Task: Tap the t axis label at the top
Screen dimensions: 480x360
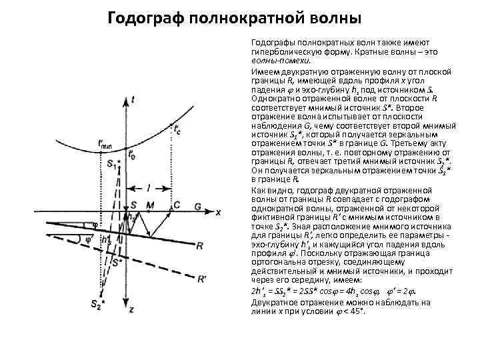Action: coord(135,99)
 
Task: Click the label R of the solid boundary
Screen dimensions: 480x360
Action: coord(200,246)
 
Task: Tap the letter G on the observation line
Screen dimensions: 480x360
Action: coord(198,207)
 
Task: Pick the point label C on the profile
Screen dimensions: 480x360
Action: coord(176,204)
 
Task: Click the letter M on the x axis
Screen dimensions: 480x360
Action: coord(150,204)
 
